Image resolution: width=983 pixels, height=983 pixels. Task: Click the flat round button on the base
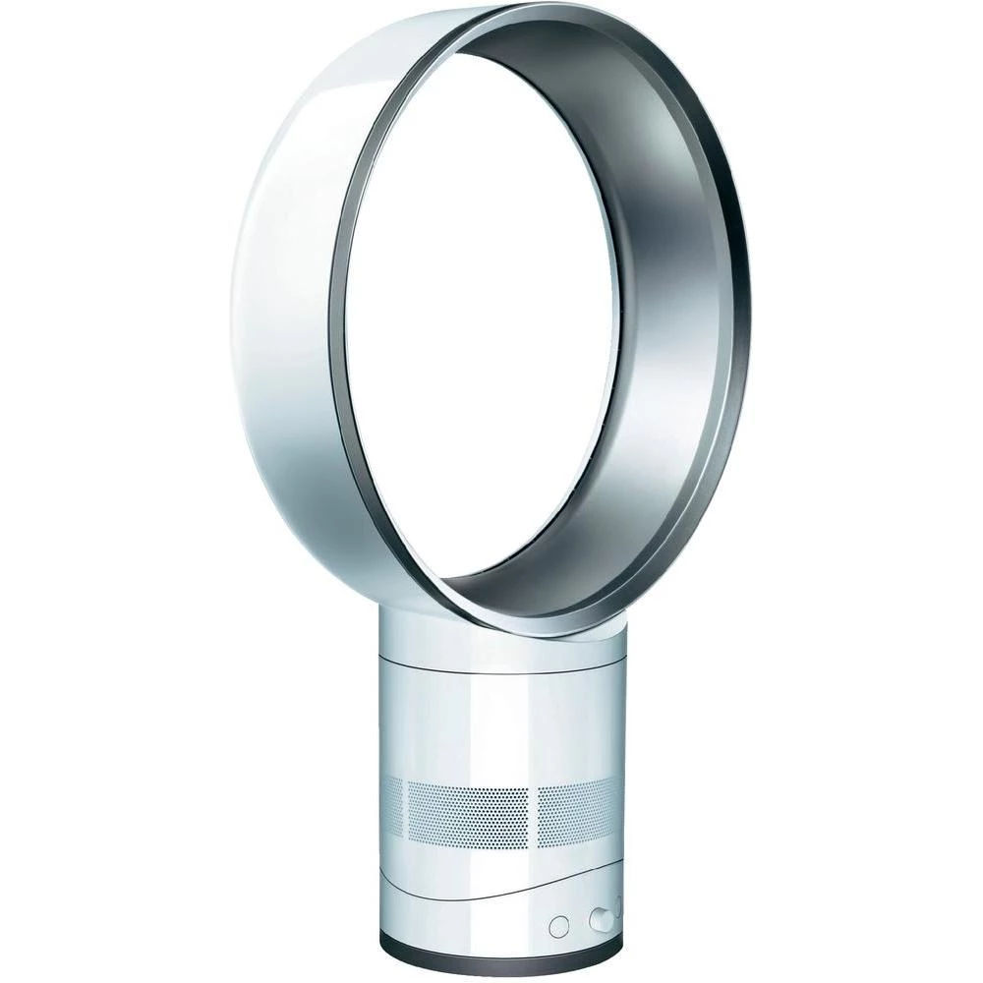559,926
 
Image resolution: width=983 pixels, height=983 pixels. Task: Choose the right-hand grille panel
580,801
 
